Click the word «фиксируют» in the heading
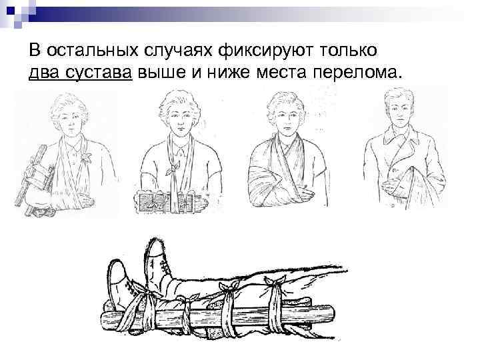coord(266,51)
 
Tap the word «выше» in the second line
coord(161,73)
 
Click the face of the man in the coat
coord(399,111)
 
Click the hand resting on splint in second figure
coord(201,203)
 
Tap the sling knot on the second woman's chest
coord(173,169)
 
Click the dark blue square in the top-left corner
coord(11,11)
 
